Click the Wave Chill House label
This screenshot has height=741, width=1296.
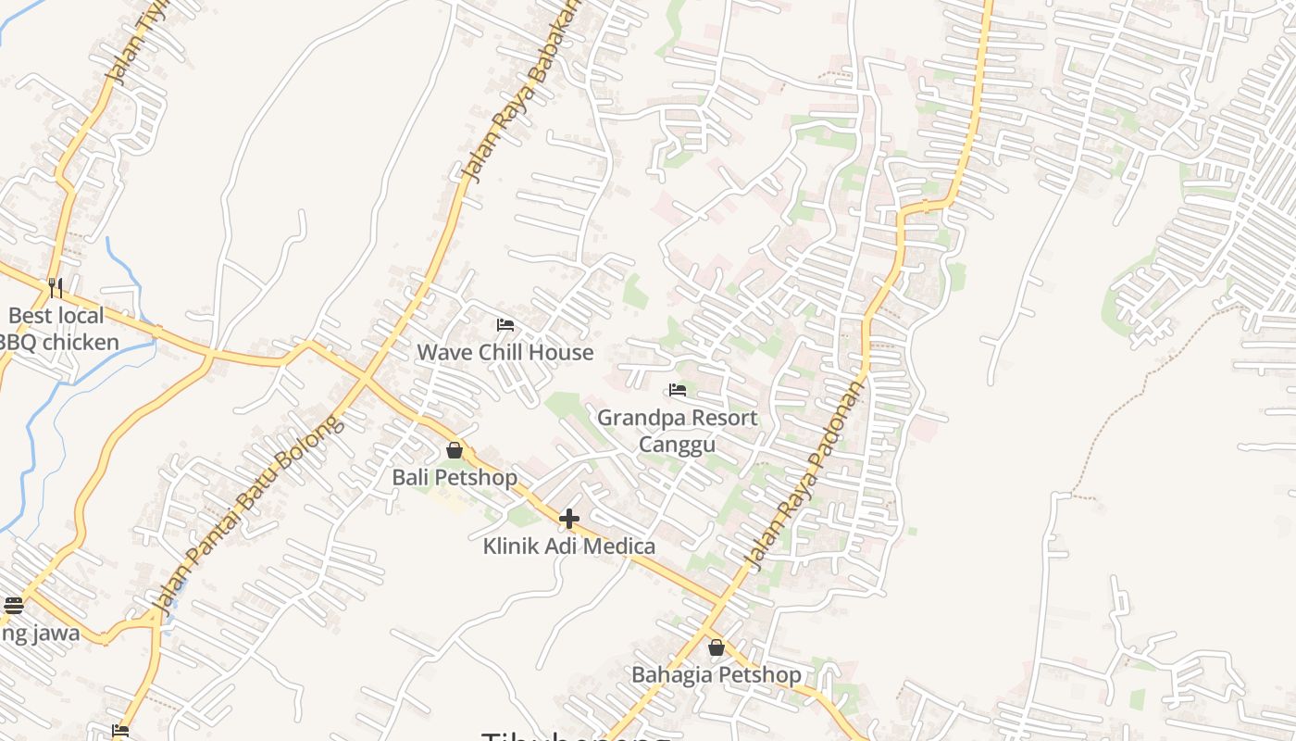click(505, 352)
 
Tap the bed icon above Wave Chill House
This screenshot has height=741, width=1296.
click(505, 325)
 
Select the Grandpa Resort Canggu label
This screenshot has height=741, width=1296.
click(677, 431)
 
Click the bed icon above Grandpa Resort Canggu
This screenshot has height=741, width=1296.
click(678, 390)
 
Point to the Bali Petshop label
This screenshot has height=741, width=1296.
click(455, 478)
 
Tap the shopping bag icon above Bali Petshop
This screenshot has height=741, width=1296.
click(455, 451)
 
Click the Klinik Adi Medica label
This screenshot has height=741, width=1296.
click(568, 546)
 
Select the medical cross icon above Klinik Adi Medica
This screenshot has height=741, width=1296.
click(569, 519)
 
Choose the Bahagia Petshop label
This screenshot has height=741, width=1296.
click(716, 674)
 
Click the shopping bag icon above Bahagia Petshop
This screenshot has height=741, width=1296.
click(716, 647)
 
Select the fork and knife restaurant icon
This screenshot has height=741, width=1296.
click(56, 287)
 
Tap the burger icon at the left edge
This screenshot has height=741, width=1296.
click(13, 606)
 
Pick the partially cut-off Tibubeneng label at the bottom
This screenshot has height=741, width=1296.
click(575, 735)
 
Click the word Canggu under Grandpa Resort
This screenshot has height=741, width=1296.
click(677, 445)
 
